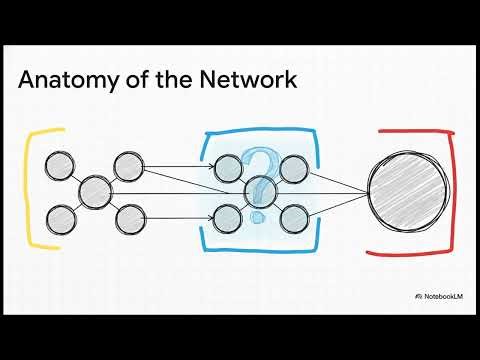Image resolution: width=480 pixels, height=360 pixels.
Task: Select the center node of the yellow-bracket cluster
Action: (95, 190)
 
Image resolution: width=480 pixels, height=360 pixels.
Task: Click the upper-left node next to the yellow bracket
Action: (62, 165)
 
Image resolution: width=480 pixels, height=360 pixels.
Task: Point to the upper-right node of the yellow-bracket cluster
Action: (127, 165)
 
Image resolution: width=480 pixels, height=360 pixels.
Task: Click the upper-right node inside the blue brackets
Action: (293, 168)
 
